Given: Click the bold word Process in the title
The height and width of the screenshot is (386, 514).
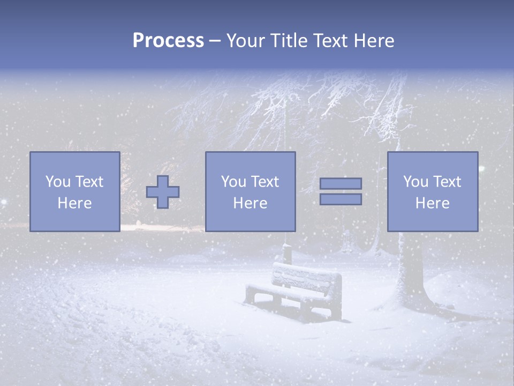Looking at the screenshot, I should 168,41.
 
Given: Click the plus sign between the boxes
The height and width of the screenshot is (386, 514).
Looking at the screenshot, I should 163,191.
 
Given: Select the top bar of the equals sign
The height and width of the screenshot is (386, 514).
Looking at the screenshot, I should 341,183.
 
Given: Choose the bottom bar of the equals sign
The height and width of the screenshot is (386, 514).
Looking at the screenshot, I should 341,199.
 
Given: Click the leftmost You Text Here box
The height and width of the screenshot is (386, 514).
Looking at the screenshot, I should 74,191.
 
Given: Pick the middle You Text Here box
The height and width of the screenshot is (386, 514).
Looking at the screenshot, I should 250,191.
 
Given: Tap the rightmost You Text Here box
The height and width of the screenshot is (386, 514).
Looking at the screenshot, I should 432,191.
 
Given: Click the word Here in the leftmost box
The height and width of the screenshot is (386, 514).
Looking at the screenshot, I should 74,203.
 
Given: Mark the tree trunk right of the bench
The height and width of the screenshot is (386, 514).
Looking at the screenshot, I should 409,268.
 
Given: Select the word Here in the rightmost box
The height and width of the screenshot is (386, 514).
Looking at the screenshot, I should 432,203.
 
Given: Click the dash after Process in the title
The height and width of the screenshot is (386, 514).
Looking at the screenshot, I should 215,41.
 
